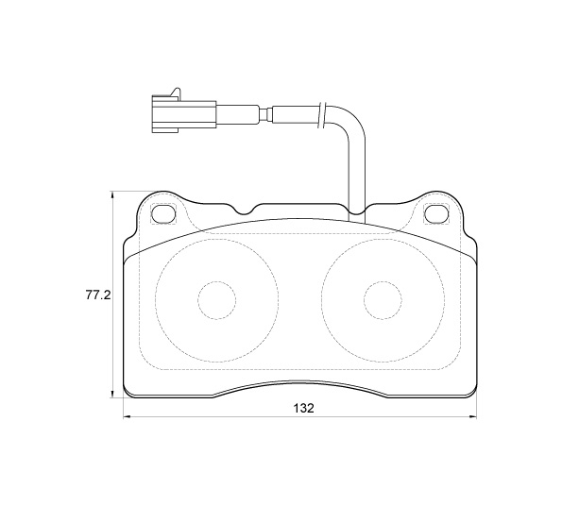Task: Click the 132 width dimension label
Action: pyautogui.click(x=303, y=408)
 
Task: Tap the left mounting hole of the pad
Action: pyautogui.click(x=164, y=213)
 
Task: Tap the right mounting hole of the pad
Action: pyautogui.click(x=436, y=213)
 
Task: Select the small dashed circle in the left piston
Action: pyautogui.click(x=217, y=300)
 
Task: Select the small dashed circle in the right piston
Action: pyautogui.click(x=383, y=300)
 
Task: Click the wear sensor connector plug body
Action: pyautogui.click(x=184, y=114)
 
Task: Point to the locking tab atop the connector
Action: pyautogui.click(x=175, y=92)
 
